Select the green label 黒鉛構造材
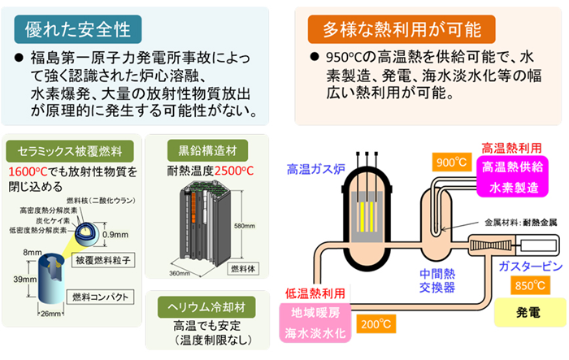(200, 150)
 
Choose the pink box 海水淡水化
(314, 334)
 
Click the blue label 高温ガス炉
(309, 170)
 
